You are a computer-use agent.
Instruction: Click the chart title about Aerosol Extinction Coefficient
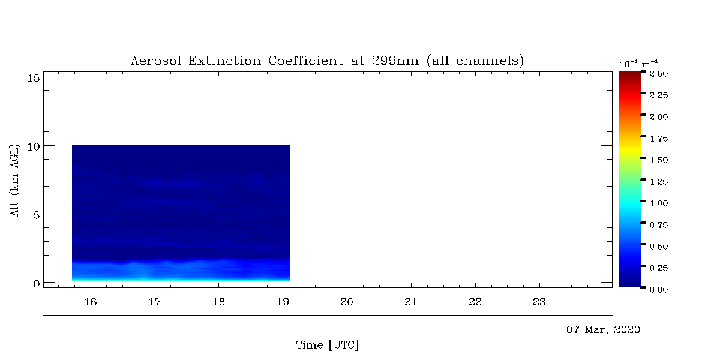tap(327, 61)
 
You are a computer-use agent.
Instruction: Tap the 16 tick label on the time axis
tap(91, 302)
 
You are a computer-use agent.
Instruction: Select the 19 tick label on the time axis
tap(283, 302)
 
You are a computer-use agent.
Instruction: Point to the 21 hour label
tap(411, 302)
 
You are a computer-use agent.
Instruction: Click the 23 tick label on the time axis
tap(539, 302)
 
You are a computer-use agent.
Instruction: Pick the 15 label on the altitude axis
tap(34, 78)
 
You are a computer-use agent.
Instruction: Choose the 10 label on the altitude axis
tap(34, 147)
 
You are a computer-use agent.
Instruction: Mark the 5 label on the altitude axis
tap(37, 215)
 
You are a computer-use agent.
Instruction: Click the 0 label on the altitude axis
tap(37, 284)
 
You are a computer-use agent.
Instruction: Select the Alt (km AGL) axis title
tap(15, 180)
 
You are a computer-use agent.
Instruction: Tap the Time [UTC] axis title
tap(327, 345)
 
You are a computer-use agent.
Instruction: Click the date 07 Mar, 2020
tap(603, 330)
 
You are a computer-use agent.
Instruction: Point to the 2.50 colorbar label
tap(659, 74)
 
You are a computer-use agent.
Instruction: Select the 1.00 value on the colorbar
tap(659, 203)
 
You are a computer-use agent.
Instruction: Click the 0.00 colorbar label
tap(659, 290)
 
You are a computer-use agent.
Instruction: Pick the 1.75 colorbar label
tap(659, 139)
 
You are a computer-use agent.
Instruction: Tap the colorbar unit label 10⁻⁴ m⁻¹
tap(638, 64)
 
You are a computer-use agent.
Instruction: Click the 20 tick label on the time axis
tap(347, 302)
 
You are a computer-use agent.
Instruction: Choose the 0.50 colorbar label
tap(659, 247)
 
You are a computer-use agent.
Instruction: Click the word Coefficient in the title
tap(305, 61)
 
